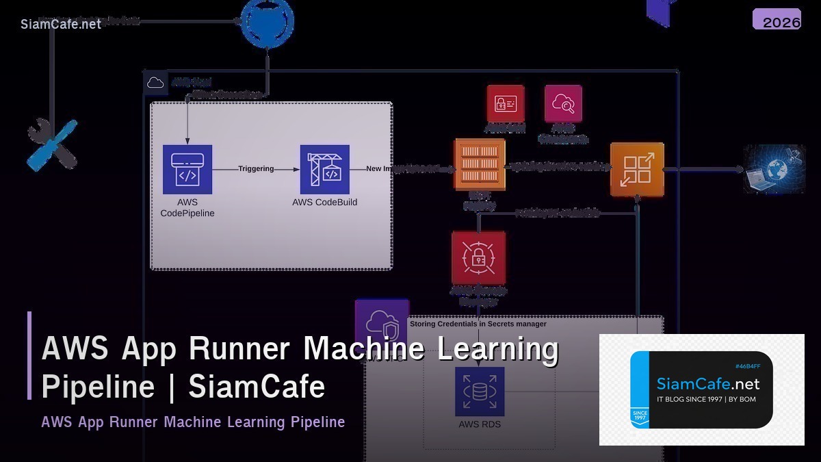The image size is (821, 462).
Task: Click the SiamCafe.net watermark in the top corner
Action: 61,24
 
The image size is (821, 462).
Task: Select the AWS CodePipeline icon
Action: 187,169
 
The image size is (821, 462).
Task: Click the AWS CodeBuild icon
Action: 324,169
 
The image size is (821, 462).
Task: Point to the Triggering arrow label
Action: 256,168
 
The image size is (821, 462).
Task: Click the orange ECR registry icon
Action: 480,165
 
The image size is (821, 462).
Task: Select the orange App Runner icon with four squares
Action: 637,169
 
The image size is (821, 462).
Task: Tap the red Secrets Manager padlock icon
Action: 478,257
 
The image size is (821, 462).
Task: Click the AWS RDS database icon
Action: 480,392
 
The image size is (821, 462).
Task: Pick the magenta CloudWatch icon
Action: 563,103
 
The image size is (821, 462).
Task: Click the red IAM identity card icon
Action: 506,103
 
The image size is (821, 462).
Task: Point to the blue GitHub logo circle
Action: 268,22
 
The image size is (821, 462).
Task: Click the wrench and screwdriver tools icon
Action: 52,144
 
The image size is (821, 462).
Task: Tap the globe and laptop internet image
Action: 774,168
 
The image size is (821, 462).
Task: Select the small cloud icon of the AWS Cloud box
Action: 156,82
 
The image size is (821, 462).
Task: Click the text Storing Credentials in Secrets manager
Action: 478,324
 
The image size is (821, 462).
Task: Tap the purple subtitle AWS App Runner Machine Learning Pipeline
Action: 193,422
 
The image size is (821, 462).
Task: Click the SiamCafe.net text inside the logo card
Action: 707,383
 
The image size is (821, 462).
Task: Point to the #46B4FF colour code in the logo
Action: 747,366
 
